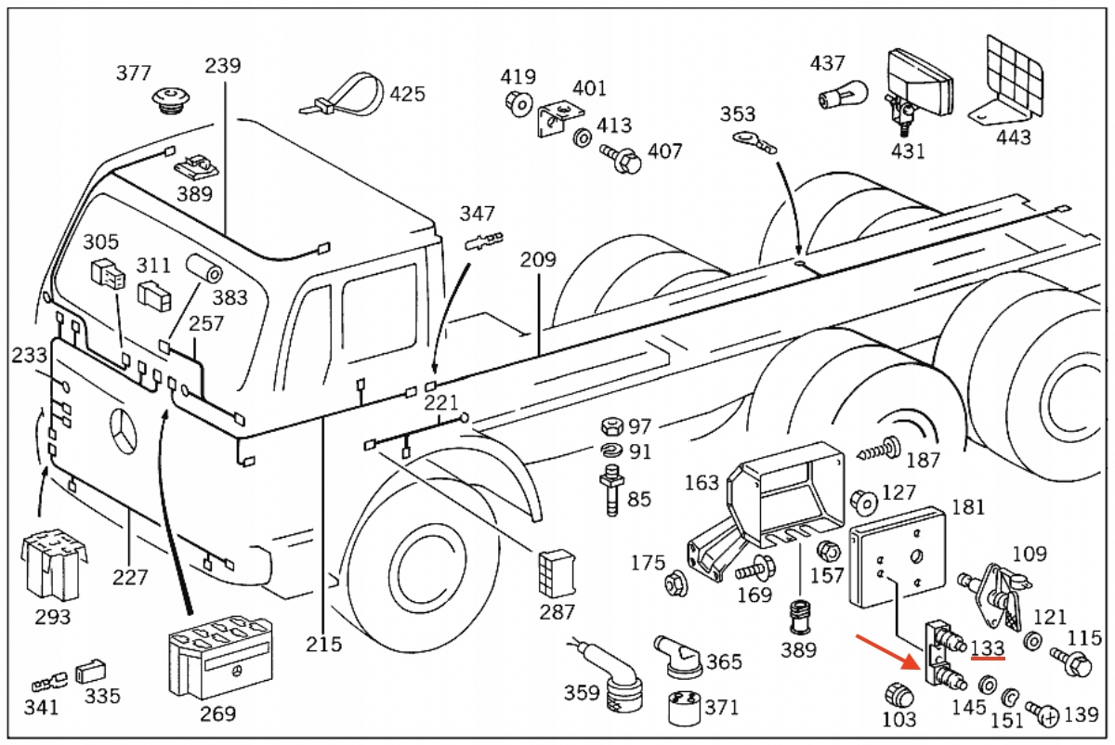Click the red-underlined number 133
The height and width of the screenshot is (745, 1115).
click(988, 648)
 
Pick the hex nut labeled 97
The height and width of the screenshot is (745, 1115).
click(611, 426)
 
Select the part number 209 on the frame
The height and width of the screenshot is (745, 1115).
click(538, 259)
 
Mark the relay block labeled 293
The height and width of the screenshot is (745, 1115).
click(54, 564)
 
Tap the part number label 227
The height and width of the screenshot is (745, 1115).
click(130, 578)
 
